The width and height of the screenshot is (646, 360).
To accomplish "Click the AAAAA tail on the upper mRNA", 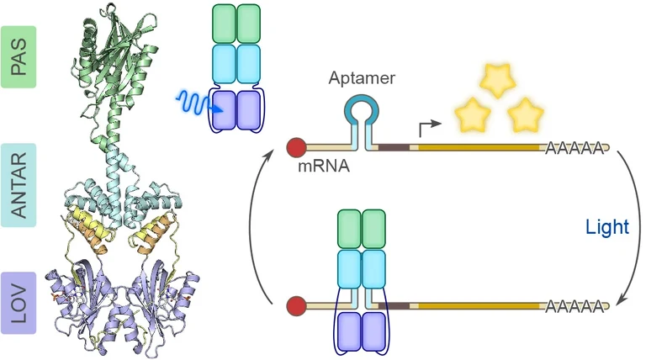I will (x=575, y=149).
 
